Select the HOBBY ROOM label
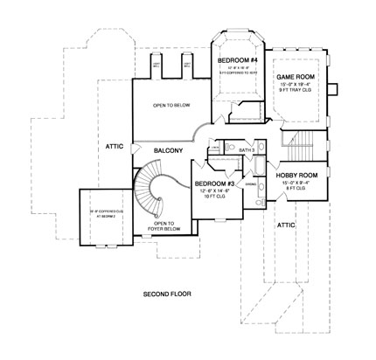coord(296,175)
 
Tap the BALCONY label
coord(169,151)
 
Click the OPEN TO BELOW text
coord(171,106)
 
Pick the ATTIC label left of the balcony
coord(114,147)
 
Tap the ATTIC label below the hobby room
coord(285,225)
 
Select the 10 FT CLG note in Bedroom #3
coord(213,196)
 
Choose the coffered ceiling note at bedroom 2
coord(98,214)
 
